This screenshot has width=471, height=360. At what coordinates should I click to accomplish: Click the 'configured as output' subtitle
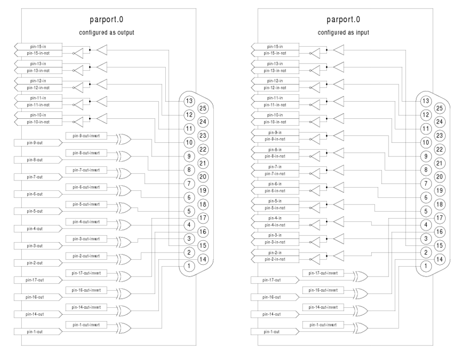tap(106, 33)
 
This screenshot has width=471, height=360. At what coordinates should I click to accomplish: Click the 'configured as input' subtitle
tap(343, 33)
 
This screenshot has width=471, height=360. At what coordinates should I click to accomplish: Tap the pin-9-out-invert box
tap(89, 136)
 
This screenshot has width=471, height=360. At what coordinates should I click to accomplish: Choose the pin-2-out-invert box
tap(89, 256)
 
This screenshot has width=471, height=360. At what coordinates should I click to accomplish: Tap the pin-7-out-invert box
tap(89, 170)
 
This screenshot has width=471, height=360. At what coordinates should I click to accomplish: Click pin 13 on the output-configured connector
tap(189, 101)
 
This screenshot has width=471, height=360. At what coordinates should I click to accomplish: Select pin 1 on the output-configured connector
tap(189, 266)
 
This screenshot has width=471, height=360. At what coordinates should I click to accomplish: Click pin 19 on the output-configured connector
tap(203, 190)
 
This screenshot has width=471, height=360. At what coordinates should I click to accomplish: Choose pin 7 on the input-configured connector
tap(426, 183)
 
